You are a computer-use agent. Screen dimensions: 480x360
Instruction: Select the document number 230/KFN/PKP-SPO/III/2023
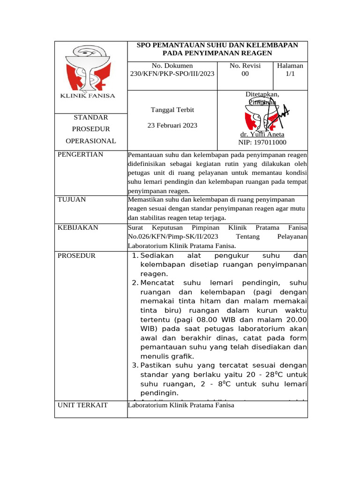[172, 74]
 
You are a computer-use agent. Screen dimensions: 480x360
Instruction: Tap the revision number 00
[245, 74]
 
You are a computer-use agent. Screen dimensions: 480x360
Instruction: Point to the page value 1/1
[290, 74]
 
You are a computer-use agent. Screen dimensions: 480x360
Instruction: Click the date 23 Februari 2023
[172, 125]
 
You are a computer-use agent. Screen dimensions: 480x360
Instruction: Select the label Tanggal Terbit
[172, 110]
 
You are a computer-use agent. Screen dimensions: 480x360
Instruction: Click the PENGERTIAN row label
[80, 154]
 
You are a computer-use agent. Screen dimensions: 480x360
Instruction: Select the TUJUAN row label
[72, 199]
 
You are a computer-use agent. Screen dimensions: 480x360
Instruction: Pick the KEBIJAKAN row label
[78, 227]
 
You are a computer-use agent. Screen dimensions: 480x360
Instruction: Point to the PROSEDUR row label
[76, 255]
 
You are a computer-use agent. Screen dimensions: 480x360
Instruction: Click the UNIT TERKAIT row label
[82, 405]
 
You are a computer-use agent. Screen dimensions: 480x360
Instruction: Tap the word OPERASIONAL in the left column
[91, 141]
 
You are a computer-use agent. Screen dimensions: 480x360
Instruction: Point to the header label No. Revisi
[245, 66]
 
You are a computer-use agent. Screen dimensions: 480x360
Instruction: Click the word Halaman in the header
[290, 66]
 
